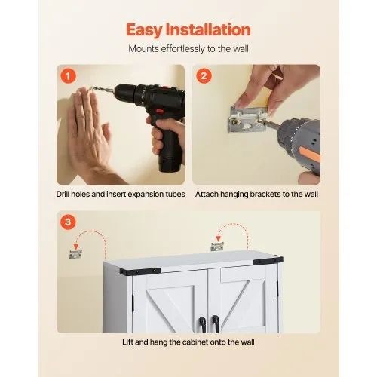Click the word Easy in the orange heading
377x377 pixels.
click(x=144, y=30)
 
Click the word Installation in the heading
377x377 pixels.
click(x=208, y=29)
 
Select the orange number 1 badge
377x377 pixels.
click(x=68, y=75)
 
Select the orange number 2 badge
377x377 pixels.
click(x=204, y=75)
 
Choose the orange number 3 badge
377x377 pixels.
click(x=68, y=222)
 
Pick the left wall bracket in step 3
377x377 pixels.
click(x=75, y=254)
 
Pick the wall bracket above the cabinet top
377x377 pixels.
click(x=217, y=247)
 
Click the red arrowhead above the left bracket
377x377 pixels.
click(x=76, y=247)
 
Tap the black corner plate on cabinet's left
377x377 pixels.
click(x=140, y=271)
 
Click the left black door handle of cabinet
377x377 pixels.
click(x=203, y=324)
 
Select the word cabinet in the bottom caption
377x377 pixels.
click(x=195, y=342)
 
